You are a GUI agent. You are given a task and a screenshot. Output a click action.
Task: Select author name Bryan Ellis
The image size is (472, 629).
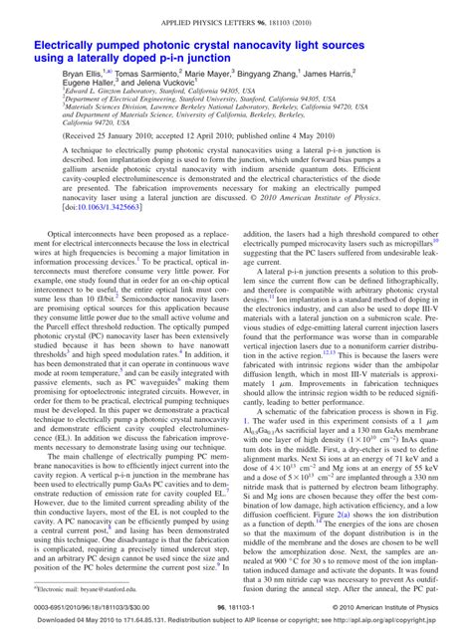pos(86,75)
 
